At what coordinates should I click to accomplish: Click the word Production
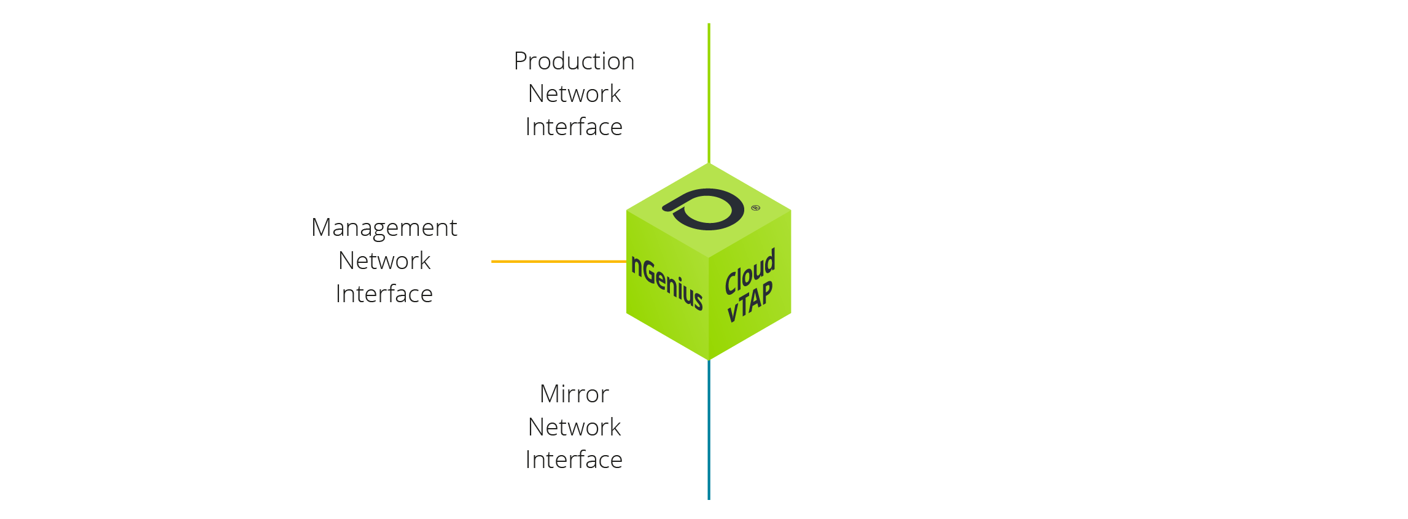coord(574,61)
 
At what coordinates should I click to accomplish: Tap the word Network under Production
coord(574,94)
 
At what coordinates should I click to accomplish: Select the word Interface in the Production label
coord(574,127)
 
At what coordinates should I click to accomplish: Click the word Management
coord(384,228)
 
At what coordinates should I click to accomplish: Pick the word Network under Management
coord(384,261)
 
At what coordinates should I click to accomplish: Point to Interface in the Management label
coord(384,294)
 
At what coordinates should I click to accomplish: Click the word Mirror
coord(574,394)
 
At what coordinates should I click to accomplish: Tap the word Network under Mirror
coord(574,427)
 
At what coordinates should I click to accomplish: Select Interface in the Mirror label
coord(574,460)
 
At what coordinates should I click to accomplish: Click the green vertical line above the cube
coord(709,92)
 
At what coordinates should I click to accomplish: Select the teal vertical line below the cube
coord(709,430)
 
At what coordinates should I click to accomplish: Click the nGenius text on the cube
coord(667,283)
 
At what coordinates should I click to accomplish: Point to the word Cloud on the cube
coord(750,271)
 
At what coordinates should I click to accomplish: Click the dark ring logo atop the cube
coord(706,209)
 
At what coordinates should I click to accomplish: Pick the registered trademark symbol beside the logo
coord(755,208)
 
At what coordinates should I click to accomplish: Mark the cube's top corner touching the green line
coord(709,164)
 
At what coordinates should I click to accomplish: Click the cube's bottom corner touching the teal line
coord(709,359)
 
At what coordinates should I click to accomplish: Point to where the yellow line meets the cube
coord(626,262)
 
